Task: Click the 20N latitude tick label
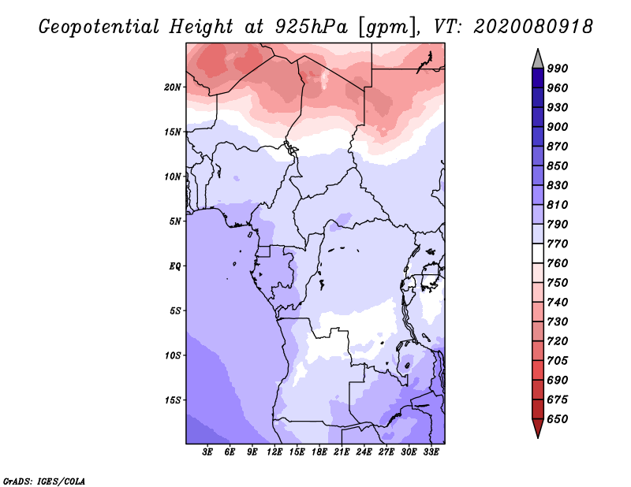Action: click(x=173, y=87)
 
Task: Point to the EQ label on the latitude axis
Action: click(x=175, y=266)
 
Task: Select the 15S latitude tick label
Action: click(x=173, y=400)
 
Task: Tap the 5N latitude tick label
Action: click(x=175, y=221)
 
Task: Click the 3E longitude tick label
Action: click(x=207, y=452)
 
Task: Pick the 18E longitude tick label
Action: click(x=319, y=452)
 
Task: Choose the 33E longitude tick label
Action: click(x=431, y=452)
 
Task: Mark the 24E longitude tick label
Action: click(x=364, y=452)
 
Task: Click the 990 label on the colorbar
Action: click(x=558, y=69)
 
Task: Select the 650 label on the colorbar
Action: click(x=558, y=419)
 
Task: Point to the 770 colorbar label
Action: click(x=558, y=243)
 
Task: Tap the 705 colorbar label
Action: click(x=558, y=360)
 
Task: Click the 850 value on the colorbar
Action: click(x=558, y=165)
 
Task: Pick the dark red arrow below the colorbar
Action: click(x=538, y=426)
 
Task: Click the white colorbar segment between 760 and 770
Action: click(x=538, y=254)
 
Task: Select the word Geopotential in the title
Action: click(x=99, y=28)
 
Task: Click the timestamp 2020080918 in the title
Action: click(x=533, y=27)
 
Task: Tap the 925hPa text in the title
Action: click(x=312, y=27)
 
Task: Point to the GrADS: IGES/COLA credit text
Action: click(x=44, y=481)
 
